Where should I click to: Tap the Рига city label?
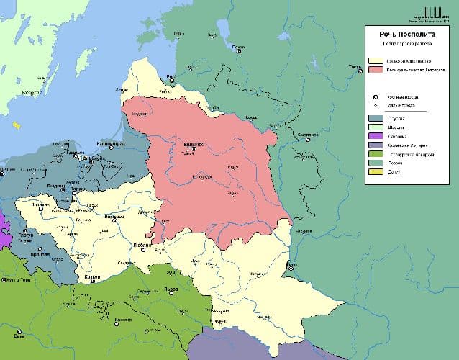click(x=171, y=76)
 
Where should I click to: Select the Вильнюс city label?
click(x=194, y=145)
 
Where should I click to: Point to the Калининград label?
click(x=110, y=145)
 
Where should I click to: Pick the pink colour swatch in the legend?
click(x=374, y=71)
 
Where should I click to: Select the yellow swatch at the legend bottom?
click(x=374, y=172)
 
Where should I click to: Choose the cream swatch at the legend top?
click(x=374, y=61)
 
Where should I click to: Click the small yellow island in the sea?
click(x=14, y=125)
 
